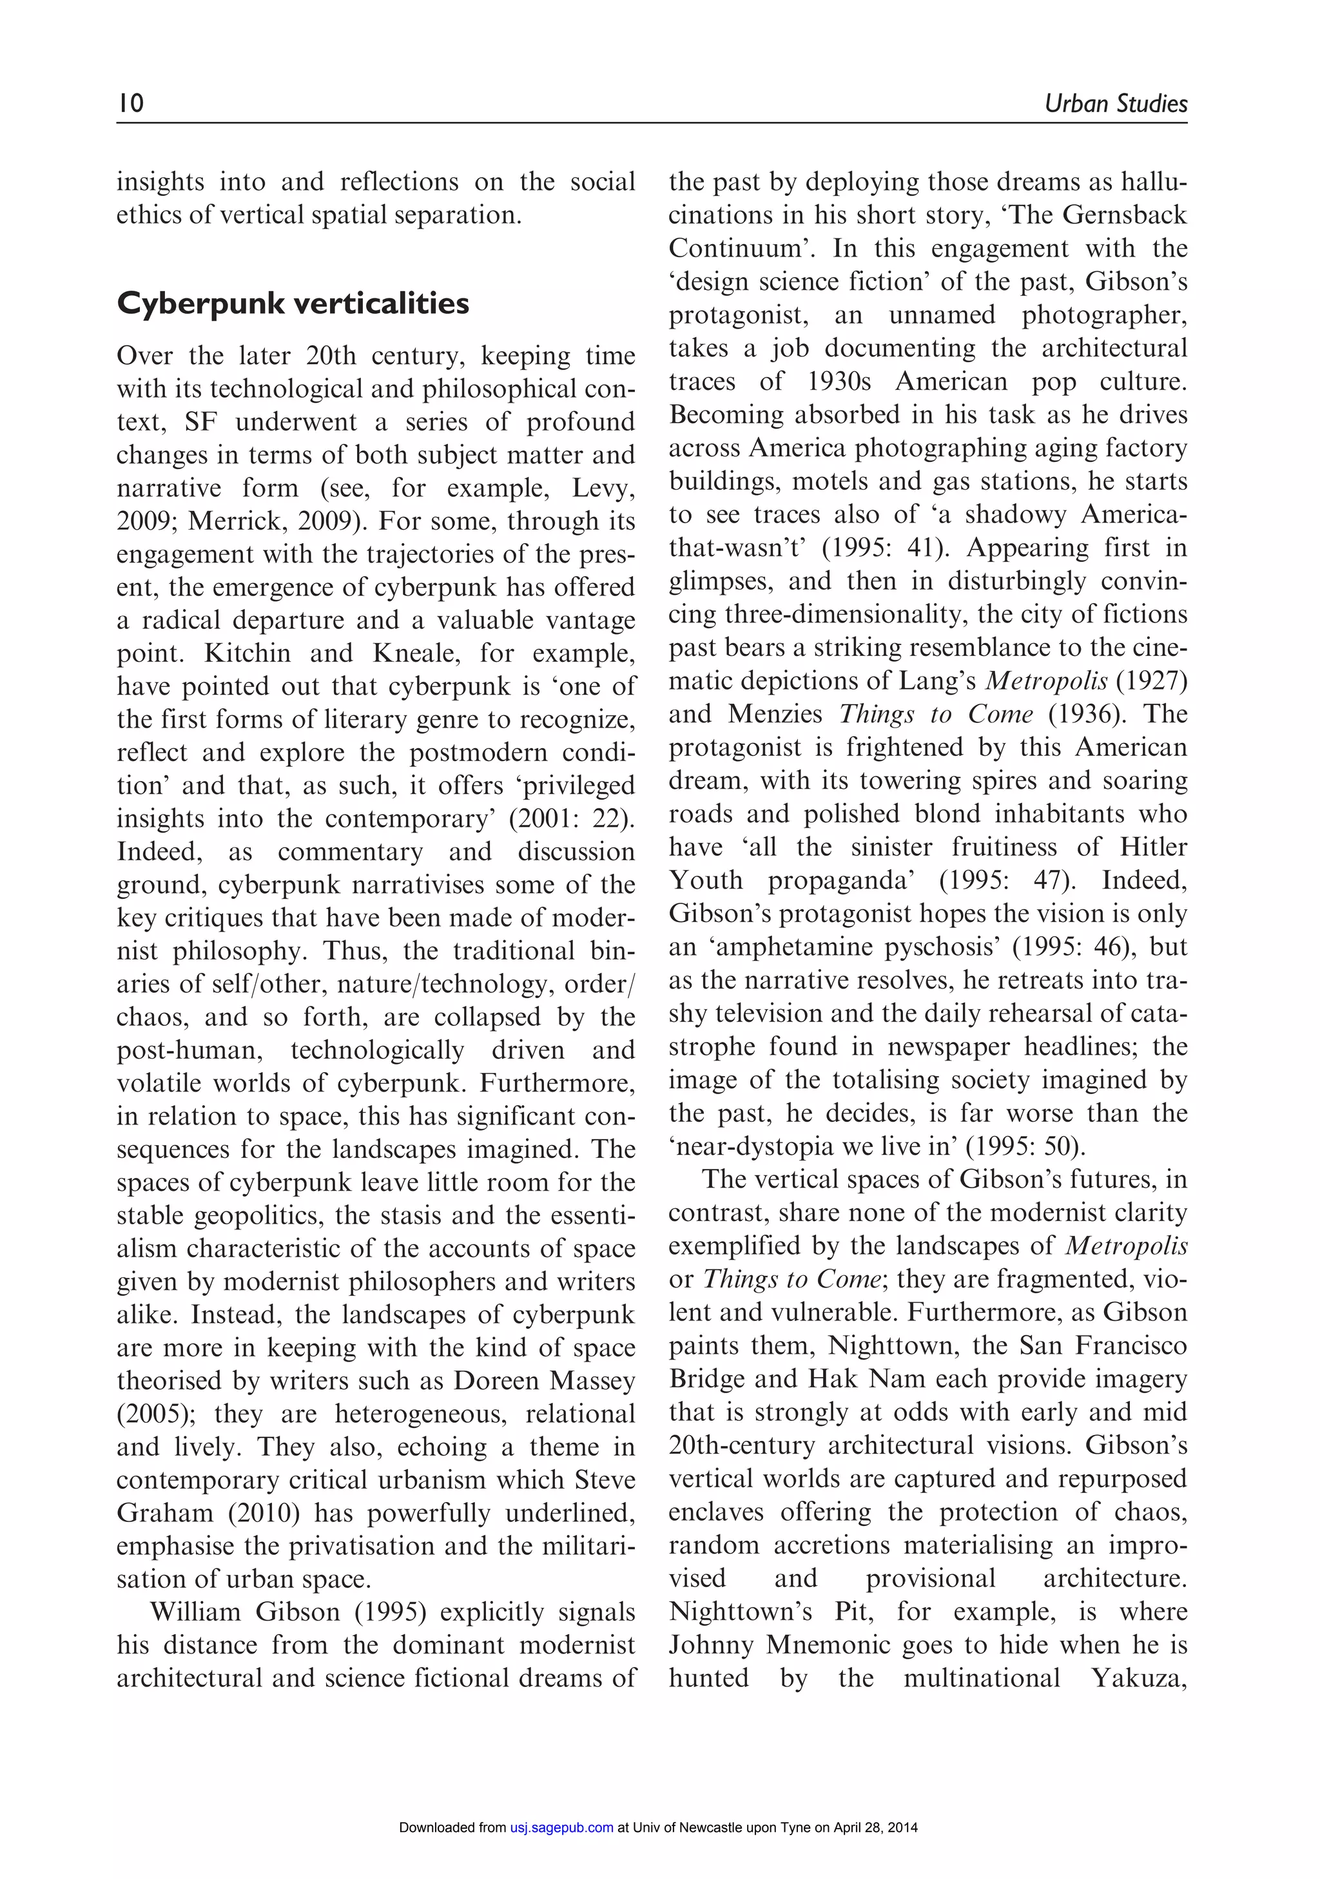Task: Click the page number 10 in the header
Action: pos(131,103)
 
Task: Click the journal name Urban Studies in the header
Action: pos(1116,104)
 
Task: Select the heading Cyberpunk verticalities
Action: pos(293,304)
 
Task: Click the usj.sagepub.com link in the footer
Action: pos(561,1827)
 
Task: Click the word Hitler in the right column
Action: pos(1153,847)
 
